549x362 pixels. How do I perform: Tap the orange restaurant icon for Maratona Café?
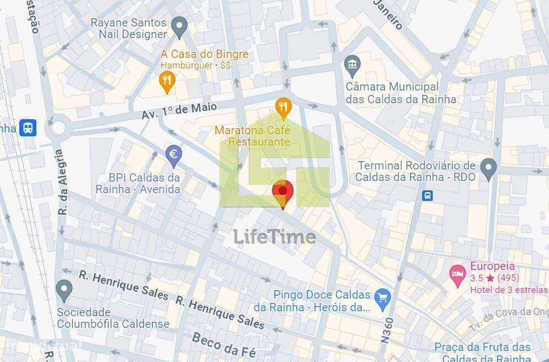coord(283,107)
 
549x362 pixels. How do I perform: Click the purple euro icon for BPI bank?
coord(174,155)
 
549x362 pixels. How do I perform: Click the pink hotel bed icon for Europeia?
coord(457,274)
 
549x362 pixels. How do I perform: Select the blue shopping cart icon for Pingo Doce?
coord(382,299)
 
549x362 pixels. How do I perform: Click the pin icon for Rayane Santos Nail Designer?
coord(179,25)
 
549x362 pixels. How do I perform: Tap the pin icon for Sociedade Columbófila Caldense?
coord(64,290)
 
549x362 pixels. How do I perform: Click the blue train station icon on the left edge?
coord(27,127)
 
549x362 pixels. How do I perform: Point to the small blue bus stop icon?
coord(427,195)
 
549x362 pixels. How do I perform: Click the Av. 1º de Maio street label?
coord(179,110)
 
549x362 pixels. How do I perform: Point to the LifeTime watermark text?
coord(274,237)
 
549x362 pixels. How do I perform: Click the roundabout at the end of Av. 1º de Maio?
coord(56,129)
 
